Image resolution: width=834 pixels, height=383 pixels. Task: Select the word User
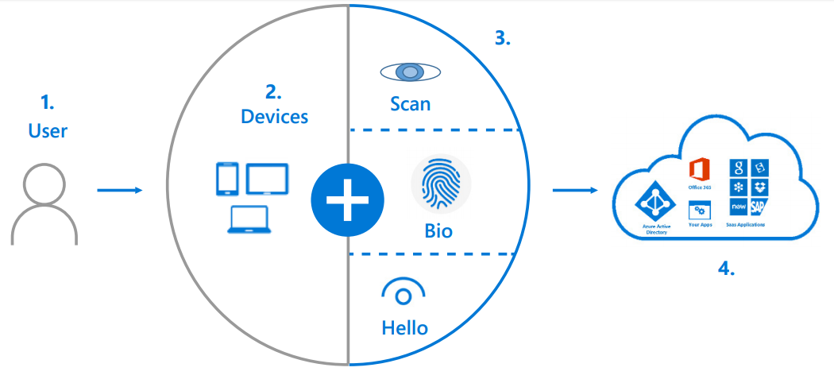(48, 130)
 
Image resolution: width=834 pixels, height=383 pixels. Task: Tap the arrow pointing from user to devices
(119, 190)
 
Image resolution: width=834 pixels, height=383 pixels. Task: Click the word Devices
(274, 116)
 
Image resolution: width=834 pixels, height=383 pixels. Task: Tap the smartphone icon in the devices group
(227, 179)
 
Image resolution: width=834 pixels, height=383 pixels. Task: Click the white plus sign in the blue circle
(346, 199)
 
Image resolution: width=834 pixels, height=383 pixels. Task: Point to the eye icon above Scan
(410, 72)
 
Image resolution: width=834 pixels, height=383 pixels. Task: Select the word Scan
(410, 103)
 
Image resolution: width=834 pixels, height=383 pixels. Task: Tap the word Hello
(404, 327)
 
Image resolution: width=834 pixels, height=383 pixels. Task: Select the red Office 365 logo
(699, 170)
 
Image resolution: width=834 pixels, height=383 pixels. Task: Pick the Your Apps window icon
(699, 210)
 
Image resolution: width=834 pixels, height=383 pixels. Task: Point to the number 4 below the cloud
(726, 268)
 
